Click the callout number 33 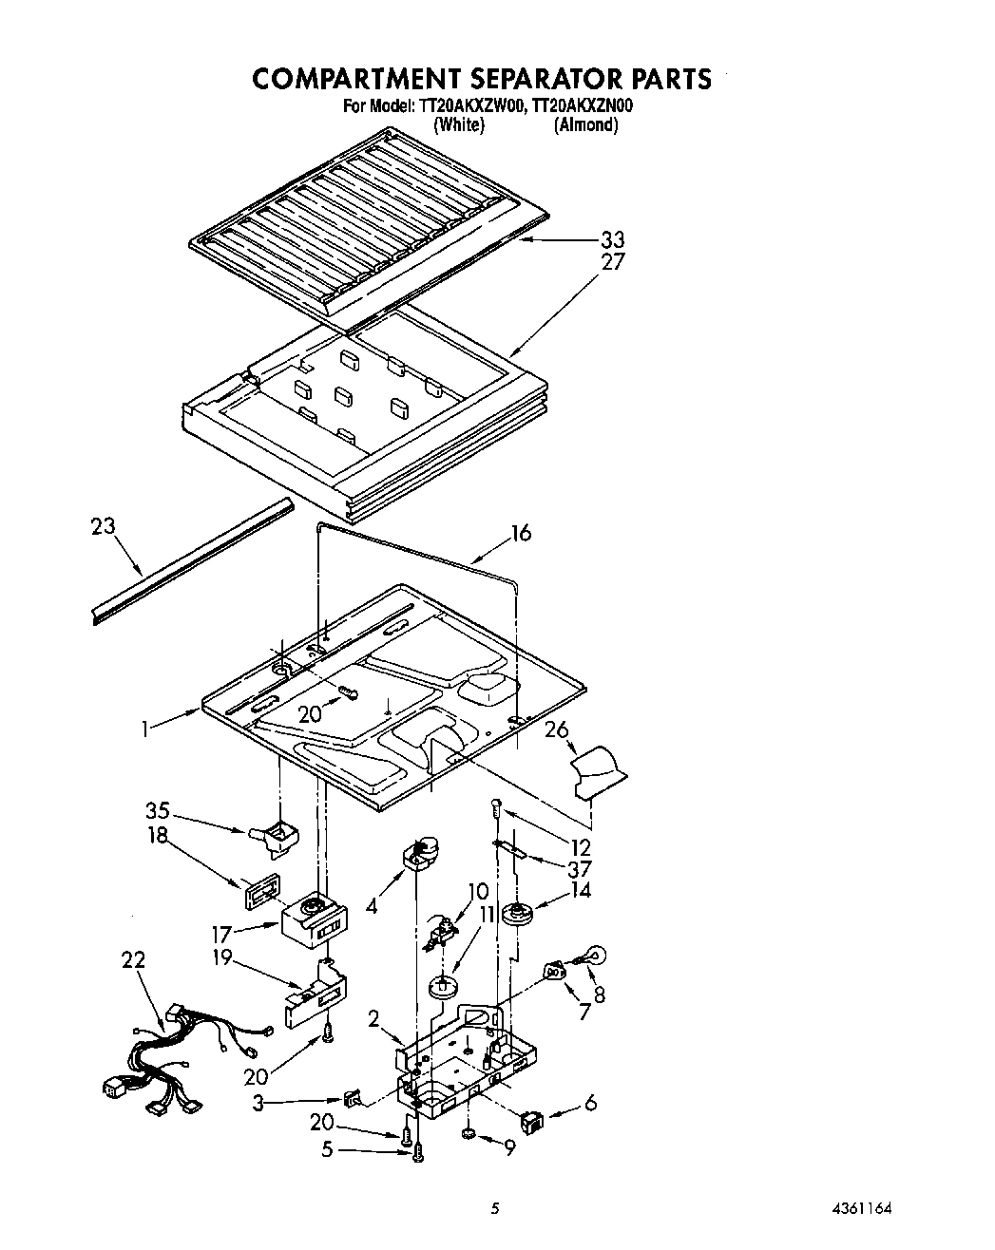tap(613, 239)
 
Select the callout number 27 tap(613, 262)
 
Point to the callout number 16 tap(520, 533)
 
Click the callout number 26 tap(557, 729)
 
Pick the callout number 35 tap(158, 810)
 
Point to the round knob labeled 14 tap(518, 916)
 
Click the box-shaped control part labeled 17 tap(314, 919)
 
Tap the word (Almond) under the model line tap(585, 124)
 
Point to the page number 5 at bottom tap(494, 1210)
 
